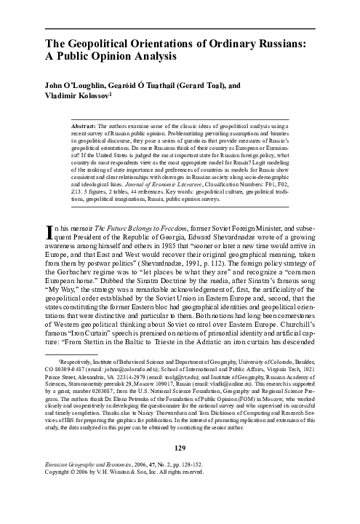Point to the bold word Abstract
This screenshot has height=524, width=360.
click(x=97, y=126)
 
